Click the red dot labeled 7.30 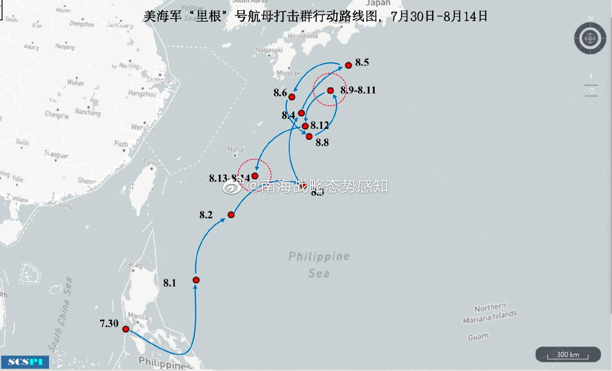click(x=126, y=329)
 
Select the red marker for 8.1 click(x=196, y=280)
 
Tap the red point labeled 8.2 click(x=231, y=214)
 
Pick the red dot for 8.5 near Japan click(x=349, y=65)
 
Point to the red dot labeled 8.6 click(x=292, y=97)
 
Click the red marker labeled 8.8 click(x=309, y=136)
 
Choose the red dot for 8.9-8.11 click(x=330, y=90)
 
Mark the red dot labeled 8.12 click(x=305, y=126)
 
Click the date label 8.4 click(x=288, y=115)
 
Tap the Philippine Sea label click(x=319, y=264)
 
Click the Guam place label click(x=478, y=337)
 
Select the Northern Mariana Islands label click(x=490, y=313)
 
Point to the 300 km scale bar click(x=568, y=355)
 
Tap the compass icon click(x=590, y=37)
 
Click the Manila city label click(x=138, y=316)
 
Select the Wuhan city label click(x=76, y=83)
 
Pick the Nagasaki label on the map click(x=269, y=50)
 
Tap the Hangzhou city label click(x=142, y=94)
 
